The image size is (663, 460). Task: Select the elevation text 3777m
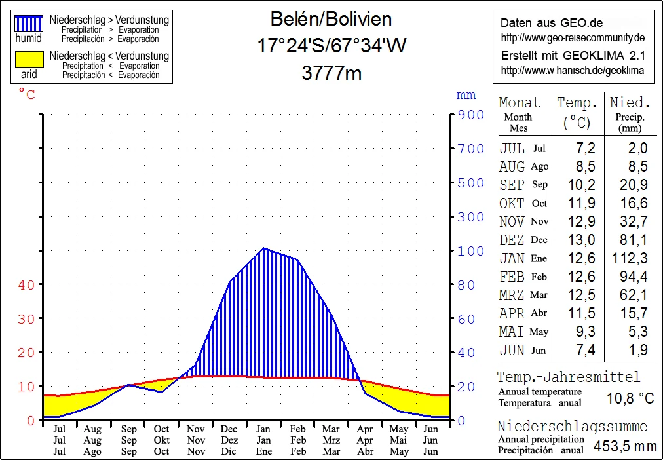tap(331, 73)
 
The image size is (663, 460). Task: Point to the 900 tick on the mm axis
tap(471, 115)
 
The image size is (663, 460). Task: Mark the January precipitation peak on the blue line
tap(263, 248)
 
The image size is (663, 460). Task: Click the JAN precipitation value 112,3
tap(630, 258)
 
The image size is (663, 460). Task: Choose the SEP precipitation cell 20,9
tap(633, 185)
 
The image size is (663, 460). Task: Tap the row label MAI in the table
tap(512, 332)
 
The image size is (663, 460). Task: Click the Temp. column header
tap(577, 103)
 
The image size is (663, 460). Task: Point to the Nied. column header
tap(630, 103)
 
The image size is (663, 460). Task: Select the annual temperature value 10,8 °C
tap(630, 398)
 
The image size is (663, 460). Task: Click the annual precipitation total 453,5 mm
tap(624, 446)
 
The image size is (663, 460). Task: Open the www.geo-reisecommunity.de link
tap(573, 37)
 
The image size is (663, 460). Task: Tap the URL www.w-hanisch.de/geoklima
tap(572, 70)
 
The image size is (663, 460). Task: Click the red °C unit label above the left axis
tap(27, 95)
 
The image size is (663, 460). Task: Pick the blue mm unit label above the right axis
tap(465, 95)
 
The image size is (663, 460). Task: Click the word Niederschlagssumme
tap(572, 427)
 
